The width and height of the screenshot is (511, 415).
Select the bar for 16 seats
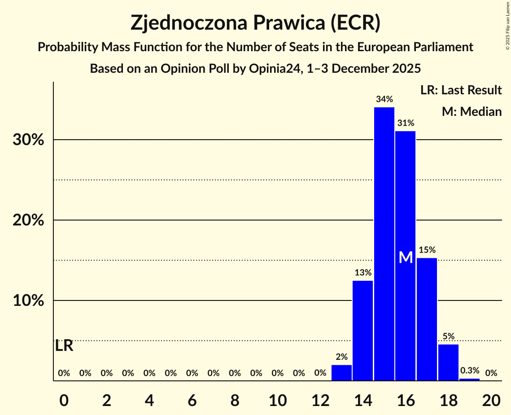(406, 256)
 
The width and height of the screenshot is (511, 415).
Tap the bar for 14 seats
(363, 331)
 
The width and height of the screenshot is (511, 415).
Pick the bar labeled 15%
(427, 319)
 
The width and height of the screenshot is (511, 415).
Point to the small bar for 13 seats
(341, 373)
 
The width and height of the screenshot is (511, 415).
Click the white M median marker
(406, 257)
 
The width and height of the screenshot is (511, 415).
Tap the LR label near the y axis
(64, 346)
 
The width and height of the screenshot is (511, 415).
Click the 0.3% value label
(470, 371)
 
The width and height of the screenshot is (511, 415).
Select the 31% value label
(406, 123)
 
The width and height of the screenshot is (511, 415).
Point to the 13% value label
(363, 272)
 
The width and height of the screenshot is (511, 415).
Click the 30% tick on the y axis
(28, 140)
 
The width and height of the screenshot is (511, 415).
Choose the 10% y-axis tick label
(28, 301)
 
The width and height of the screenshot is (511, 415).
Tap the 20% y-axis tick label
(28, 221)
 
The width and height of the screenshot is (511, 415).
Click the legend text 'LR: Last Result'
(461, 90)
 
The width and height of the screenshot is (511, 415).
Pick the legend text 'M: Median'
(472, 111)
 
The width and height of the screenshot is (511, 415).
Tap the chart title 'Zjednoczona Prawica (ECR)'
(255, 22)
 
